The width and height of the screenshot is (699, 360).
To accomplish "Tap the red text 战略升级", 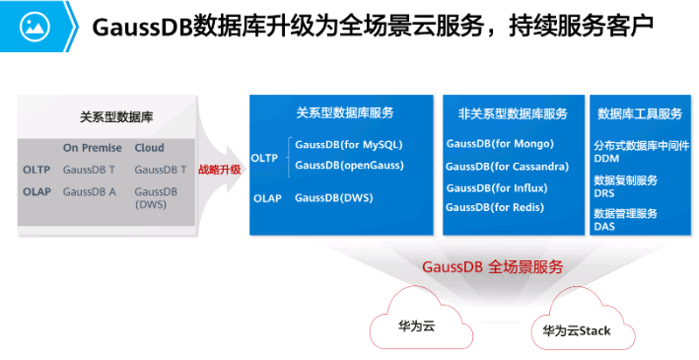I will pos(219,170).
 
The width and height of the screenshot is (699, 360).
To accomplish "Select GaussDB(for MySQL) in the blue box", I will pos(348,144).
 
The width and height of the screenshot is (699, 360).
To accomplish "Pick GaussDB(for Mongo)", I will pos(500,144).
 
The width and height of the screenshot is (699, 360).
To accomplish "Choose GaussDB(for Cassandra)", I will pos(507,166).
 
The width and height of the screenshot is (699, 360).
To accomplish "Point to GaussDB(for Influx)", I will pos(496,187).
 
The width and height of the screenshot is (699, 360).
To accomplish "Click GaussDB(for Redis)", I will pos(496,207).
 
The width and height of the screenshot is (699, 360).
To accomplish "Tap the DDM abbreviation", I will pos(606,158).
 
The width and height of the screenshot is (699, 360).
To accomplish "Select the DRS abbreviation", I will pos(603,192).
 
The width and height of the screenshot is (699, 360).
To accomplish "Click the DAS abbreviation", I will pos(603,226).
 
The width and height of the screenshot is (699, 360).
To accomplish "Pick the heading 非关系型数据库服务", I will pos(513,113).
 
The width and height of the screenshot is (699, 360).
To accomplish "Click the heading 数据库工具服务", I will pos(640,113).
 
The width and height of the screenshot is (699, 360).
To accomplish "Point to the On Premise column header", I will pos(92,148).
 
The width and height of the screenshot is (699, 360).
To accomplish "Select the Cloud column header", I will pos(150,148).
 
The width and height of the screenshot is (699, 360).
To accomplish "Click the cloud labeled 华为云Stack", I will pos(577,330).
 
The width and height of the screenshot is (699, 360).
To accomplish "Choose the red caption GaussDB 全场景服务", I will pos(492,266).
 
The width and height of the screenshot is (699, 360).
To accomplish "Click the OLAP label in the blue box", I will pos(267,198).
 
